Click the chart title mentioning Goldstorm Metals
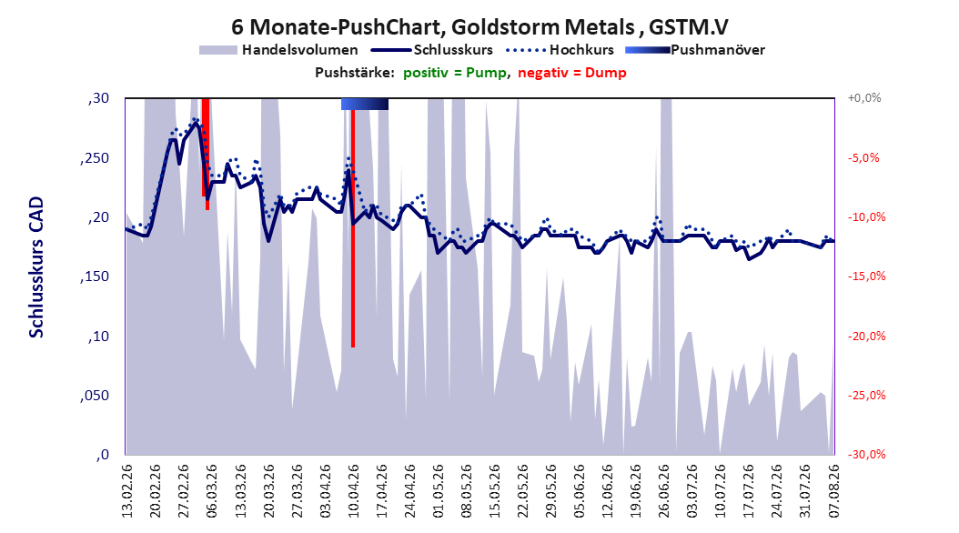point(479,27)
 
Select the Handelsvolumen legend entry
point(278,50)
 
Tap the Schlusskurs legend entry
point(432,50)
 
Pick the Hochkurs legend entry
point(560,50)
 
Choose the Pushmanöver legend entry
point(695,50)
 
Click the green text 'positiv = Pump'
point(455,73)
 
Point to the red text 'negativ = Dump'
point(572,73)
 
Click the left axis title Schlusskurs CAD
point(36,267)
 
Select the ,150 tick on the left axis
point(94,277)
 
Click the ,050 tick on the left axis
point(94,396)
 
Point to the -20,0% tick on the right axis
point(866,337)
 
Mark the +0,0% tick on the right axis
point(864,98)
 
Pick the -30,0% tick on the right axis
point(866,455)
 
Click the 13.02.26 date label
point(127,491)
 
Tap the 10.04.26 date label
point(354,491)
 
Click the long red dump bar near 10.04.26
point(353,228)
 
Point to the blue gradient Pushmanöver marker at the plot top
point(365,104)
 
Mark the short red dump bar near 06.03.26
point(207,153)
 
